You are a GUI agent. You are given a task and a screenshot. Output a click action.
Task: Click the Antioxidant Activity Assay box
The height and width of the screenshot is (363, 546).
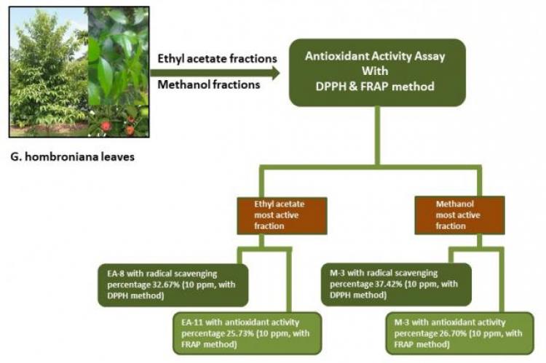376,73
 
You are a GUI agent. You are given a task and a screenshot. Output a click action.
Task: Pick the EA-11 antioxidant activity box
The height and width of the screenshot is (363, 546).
248,332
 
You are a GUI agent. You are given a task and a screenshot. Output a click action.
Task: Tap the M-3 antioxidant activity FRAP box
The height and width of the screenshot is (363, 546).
459,332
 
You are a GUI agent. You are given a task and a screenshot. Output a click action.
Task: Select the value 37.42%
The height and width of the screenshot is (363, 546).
388,285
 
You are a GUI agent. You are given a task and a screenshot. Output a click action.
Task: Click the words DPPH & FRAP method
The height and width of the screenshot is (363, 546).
376,87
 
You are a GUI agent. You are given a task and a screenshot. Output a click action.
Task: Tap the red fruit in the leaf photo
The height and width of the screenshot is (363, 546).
106,126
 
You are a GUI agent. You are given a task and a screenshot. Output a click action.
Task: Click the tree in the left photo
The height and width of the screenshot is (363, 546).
44,73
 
